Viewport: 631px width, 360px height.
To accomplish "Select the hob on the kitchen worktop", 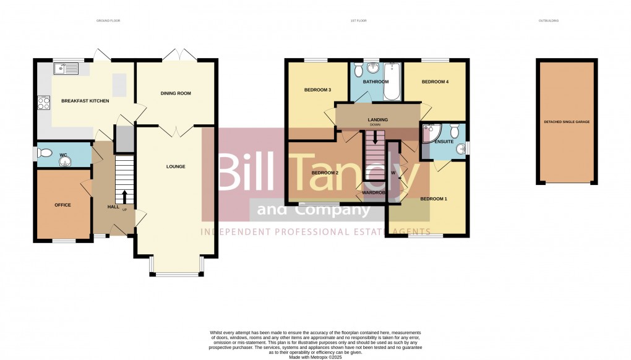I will click(x=43, y=103).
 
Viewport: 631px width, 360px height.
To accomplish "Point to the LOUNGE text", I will click(x=176, y=166).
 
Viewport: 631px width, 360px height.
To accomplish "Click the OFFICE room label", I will click(x=62, y=205).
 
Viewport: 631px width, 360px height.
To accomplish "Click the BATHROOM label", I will click(x=376, y=82).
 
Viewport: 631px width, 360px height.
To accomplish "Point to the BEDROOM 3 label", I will click(x=317, y=90).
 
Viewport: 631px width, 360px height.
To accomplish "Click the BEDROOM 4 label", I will click(x=435, y=82).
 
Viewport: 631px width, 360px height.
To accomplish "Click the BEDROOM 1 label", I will click(x=434, y=199).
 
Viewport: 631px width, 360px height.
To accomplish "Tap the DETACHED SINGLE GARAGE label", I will click(x=567, y=122).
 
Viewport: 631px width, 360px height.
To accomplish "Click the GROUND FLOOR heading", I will click(x=108, y=20).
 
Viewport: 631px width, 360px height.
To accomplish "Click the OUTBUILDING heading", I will click(x=549, y=20).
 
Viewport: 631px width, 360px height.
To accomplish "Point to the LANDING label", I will click(x=377, y=119).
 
